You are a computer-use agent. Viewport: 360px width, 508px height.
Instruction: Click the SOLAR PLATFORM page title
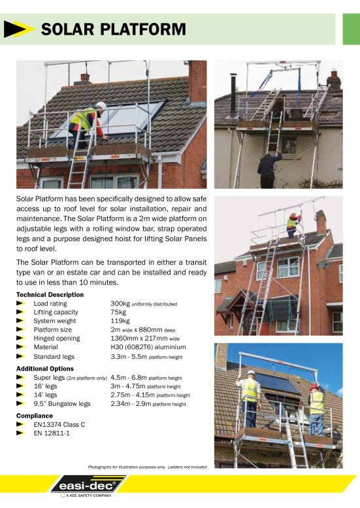[113, 29]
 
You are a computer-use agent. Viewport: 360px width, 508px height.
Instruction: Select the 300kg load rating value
[120, 304]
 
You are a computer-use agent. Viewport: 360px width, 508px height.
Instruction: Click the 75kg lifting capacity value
[118, 313]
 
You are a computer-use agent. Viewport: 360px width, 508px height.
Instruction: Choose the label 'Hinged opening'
[57, 339]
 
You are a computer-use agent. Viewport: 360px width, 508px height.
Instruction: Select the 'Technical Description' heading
[50, 295]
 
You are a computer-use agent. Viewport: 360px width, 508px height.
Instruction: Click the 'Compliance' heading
[35, 415]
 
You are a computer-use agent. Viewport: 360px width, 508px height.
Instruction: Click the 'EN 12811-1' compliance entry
[52, 433]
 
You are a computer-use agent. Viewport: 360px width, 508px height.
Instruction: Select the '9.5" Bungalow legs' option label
[62, 404]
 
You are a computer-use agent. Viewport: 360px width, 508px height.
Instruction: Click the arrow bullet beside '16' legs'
[21, 386]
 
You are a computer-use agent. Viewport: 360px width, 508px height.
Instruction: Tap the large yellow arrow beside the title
[19, 29]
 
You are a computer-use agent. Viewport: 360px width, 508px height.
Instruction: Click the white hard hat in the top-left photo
[101, 105]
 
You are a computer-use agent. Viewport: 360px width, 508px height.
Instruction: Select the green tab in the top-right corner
[351, 29]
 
